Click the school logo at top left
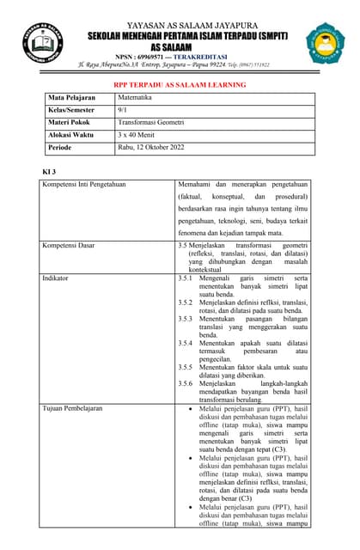pos(44,41)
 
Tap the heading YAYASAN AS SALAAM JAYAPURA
pos(180,25)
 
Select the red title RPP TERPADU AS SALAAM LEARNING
pos(180,85)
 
